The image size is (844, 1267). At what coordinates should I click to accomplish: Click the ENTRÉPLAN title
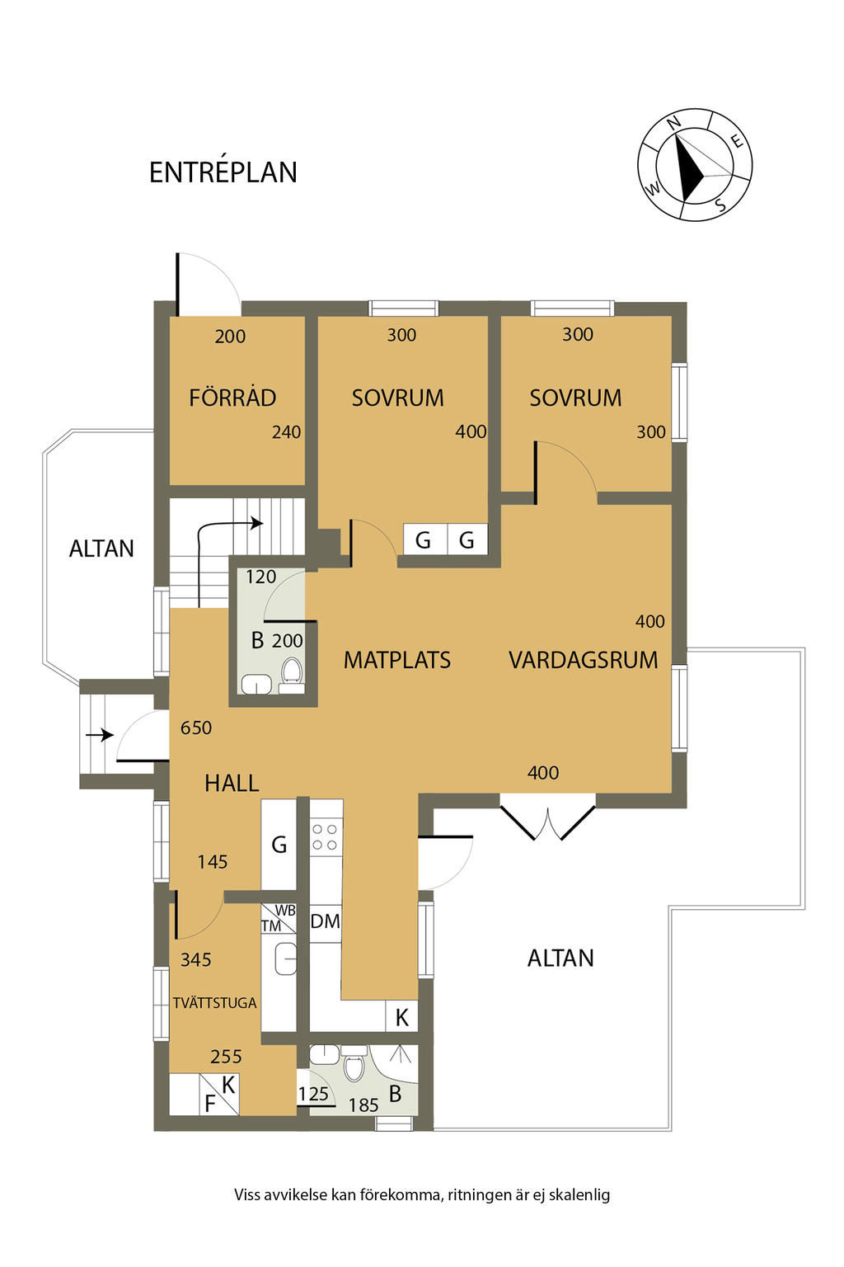coord(223,172)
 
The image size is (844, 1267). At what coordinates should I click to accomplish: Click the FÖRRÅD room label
coord(232,397)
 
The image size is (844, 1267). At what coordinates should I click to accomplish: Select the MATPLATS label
coord(396,660)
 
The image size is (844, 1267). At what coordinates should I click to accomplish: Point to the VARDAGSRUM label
coord(583,660)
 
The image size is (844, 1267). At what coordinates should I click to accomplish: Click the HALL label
coord(232,784)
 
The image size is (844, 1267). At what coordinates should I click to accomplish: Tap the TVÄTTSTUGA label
coord(215,1003)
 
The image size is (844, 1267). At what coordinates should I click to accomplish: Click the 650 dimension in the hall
coord(196,728)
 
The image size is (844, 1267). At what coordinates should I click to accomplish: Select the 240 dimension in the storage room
coord(286,432)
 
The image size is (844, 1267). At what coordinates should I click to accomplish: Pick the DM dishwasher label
coord(325,921)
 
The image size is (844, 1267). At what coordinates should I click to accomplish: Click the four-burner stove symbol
coord(325,838)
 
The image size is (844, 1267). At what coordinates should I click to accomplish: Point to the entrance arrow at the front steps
coord(100,735)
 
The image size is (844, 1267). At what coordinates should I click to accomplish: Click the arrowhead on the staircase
coord(257,523)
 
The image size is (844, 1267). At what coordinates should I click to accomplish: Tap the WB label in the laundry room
coord(285,911)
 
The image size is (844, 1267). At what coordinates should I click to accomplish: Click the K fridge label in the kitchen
coord(401,1018)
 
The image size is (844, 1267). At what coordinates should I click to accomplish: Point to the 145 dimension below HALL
coord(213,862)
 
